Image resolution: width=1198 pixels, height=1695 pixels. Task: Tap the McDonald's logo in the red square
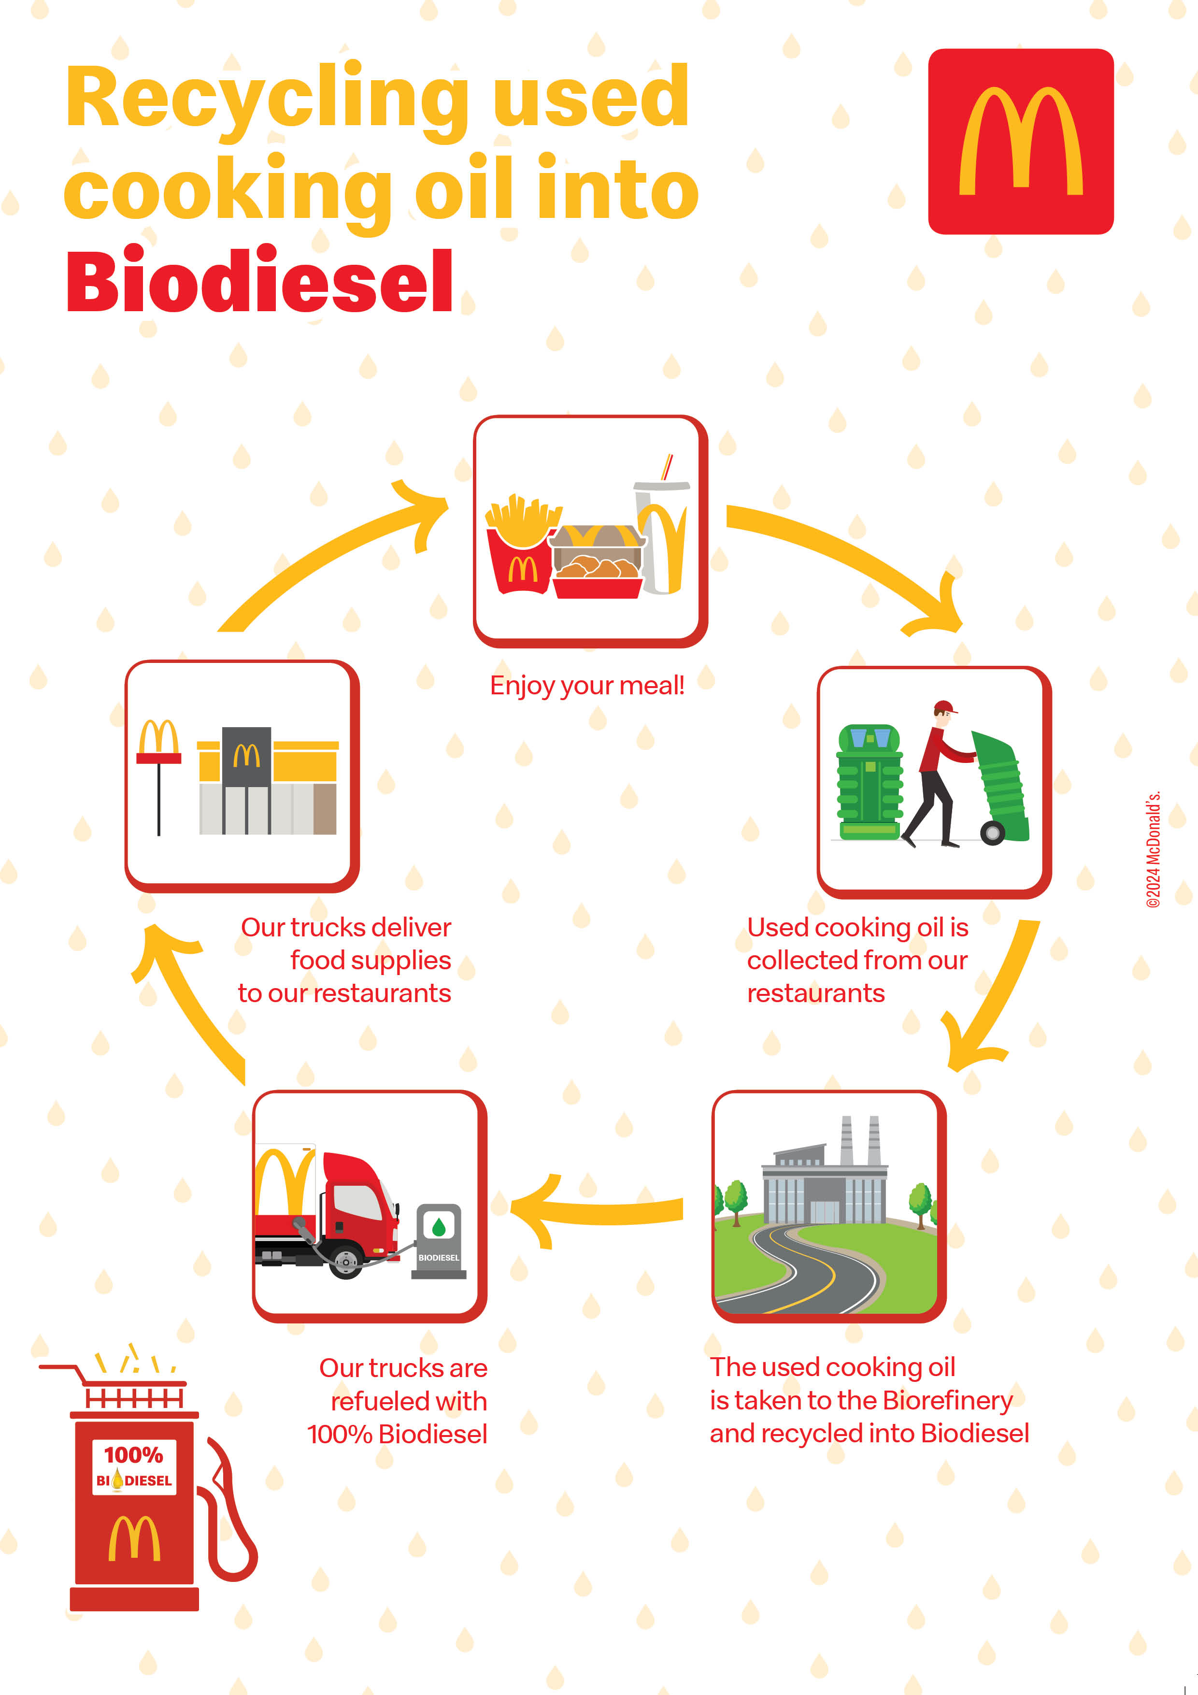[x=1021, y=141]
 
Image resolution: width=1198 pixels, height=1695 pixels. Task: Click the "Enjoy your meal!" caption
[x=587, y=686]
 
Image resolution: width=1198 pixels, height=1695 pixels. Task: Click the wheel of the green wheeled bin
[x=993, y=833]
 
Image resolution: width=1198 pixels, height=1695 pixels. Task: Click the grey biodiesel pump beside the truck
[x=439, y=1241]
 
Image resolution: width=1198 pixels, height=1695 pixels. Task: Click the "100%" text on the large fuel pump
[x=134, y=1455]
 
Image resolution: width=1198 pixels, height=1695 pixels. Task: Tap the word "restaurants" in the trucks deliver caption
[x=382, y=994]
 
